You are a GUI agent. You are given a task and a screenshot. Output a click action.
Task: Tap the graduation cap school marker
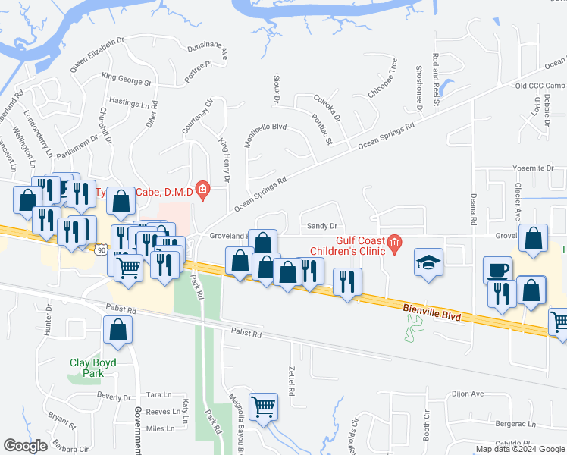(x=428, y=262)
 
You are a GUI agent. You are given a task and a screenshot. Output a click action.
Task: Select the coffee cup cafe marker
(x=498, y=270)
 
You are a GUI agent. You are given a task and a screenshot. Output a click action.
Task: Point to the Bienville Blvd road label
(x=430, y=309)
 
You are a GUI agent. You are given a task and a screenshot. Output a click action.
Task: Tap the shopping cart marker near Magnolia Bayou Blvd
(x=263, y=406)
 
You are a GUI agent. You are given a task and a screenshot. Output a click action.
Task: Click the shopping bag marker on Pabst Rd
(x=117, y=330)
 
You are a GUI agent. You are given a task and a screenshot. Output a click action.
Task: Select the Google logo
(x=25, y=446)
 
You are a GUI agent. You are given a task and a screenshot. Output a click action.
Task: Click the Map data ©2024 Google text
(x=521, y=449)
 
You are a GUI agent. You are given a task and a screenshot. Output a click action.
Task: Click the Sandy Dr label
(x=321, y=226)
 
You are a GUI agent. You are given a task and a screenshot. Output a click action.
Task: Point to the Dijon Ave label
(x=467, y=394)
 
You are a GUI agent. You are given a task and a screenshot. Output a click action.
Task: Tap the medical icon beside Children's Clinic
(x=394, y=243)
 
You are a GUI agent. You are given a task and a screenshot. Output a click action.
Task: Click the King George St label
(x=127, y=78)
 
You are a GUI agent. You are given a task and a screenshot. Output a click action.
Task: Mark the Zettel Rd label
(x=292, y=381)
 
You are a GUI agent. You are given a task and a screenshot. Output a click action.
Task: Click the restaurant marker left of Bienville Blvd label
(x=347, y=283)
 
